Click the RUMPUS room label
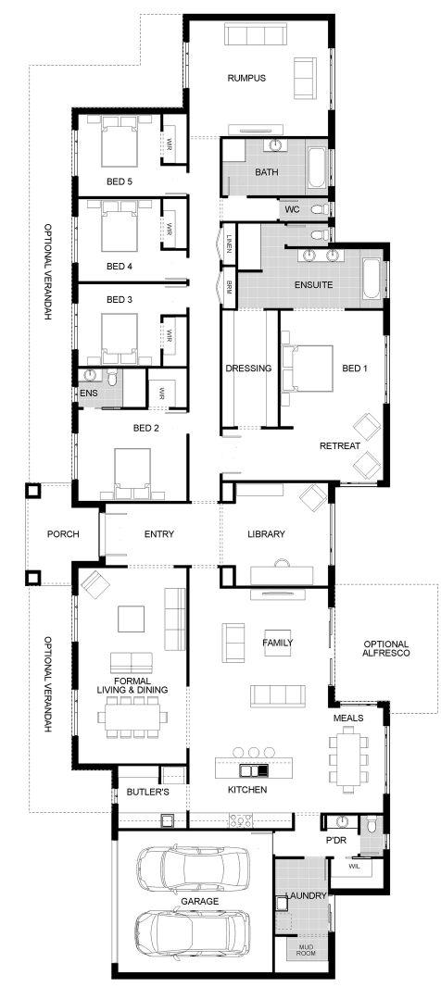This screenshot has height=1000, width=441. coord(246,79)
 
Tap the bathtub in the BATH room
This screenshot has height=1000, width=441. coord(317,169)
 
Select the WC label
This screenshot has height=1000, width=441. coord(292,209)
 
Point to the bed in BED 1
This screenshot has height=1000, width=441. coord(308,369)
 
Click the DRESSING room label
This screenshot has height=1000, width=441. coord(249,369)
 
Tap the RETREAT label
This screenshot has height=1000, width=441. coord(340,445)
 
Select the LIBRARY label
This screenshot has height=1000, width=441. coord(266,534)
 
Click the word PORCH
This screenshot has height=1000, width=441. coord(63,534)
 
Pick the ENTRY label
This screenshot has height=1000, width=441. coord(159,534)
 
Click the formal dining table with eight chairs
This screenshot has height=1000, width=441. coord(132,716)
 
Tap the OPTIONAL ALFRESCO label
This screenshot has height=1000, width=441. coord(386,648)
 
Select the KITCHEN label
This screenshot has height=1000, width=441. coord(247,790)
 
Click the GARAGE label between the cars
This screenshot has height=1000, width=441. coord(200,901)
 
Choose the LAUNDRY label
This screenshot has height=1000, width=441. coord(307,895)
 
